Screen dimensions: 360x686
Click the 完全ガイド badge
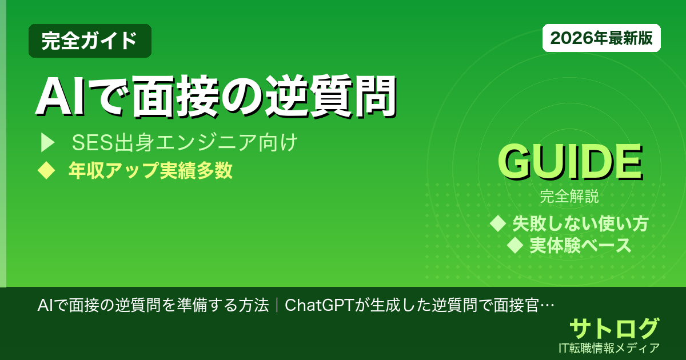coord(90,41)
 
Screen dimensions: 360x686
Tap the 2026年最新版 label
coord(601,38)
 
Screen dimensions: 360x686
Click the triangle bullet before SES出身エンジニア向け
coord(47,143)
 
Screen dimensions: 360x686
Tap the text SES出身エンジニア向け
coord(185,143)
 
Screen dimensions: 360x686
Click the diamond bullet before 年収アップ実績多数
coord(45,171)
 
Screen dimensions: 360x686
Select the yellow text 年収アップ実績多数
coord(150,171)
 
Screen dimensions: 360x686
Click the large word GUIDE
coord(569,163)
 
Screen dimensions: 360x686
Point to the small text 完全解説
coord(569,198)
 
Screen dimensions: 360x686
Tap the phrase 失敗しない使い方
coord(580,223)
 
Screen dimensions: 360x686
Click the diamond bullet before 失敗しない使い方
coord(498,223)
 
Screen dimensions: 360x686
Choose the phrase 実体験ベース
coord(580,245)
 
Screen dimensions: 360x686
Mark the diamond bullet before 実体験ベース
coord(516,246)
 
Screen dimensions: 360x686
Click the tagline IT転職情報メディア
coord(611,347)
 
